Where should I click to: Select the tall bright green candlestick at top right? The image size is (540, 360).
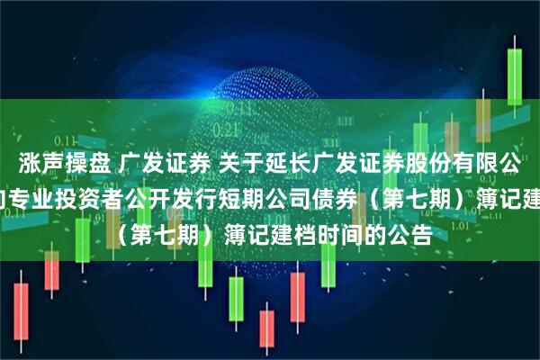517,81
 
